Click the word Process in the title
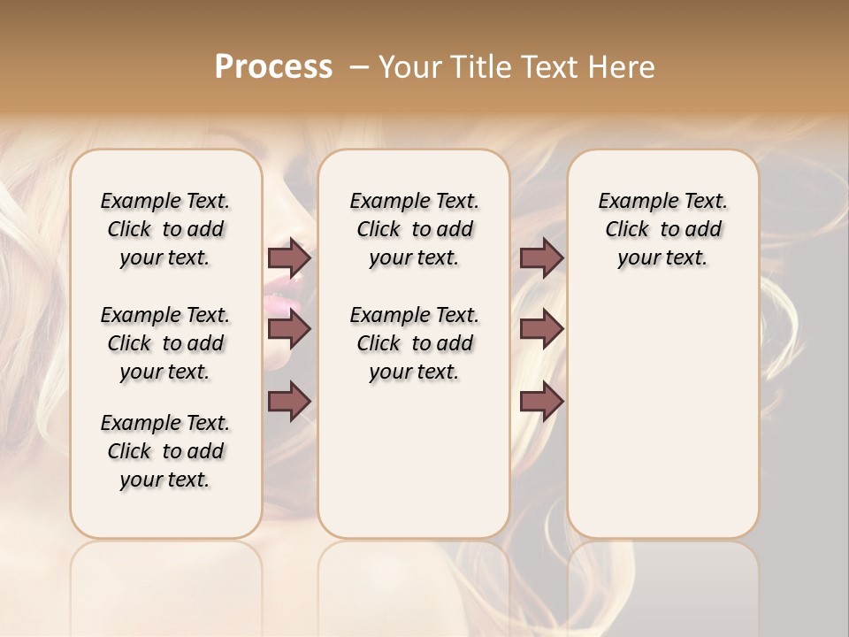point(273,67)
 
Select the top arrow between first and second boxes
point(289,258)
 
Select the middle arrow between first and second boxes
point(289,329)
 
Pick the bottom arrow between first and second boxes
point(289,402)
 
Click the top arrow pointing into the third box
point(541,258)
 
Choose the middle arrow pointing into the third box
point(541,329)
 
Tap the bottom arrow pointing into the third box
point(541,402)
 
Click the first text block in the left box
point(165,229)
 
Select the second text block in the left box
point(165,343)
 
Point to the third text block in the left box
point(165,451)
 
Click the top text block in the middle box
point(414,229)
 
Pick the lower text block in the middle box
point(414,343)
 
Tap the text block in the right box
point(662,229)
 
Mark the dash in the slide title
point(358,68)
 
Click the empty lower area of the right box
point(662,425)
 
